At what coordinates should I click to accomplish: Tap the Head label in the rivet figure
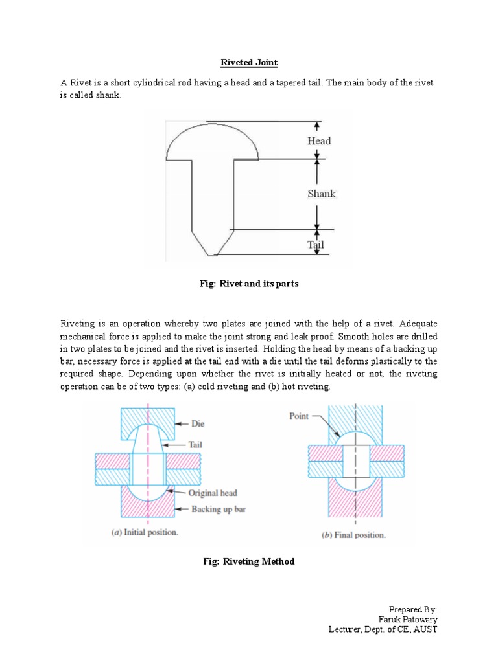[319, 141]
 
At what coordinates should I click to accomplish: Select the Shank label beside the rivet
[320, 194]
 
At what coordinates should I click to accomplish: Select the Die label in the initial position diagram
[198, 424]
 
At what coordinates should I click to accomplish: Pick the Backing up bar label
[219, 509]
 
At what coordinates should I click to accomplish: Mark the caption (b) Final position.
[353, 535]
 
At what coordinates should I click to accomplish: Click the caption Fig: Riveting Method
[249, 561]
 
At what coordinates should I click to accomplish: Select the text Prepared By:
[413, 609]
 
